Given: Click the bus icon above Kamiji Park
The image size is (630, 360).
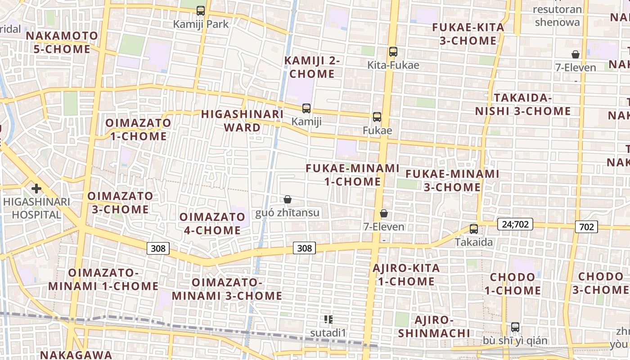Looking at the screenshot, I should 201,10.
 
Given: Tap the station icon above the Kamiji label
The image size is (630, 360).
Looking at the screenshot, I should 306,108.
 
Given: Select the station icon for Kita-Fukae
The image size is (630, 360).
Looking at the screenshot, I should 393,52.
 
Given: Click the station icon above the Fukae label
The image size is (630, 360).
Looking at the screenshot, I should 377,117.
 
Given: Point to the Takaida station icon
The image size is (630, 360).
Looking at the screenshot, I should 474,229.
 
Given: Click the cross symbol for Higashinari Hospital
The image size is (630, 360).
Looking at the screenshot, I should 36,189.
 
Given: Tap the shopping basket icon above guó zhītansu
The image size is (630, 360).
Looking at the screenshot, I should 288,199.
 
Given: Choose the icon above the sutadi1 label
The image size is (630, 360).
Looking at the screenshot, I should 328,319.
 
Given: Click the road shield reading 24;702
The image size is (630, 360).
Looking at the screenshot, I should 515,224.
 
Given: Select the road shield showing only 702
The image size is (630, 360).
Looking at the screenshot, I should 586,227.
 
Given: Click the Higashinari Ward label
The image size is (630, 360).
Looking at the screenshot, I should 242,121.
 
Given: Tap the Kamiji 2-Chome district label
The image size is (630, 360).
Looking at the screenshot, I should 312,67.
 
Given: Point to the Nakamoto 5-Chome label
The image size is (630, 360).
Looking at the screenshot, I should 62,42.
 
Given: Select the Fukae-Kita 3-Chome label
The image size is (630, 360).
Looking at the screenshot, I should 468,34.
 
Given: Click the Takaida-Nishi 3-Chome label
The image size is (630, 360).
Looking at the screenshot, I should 523,104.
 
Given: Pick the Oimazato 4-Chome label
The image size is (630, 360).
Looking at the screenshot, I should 212,224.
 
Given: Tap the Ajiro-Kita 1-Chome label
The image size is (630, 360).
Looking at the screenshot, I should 406,275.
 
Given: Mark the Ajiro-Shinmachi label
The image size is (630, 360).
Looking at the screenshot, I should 434,327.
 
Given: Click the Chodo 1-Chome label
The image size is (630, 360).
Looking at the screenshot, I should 513,283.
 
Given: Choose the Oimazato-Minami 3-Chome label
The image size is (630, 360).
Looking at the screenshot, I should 227,289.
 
